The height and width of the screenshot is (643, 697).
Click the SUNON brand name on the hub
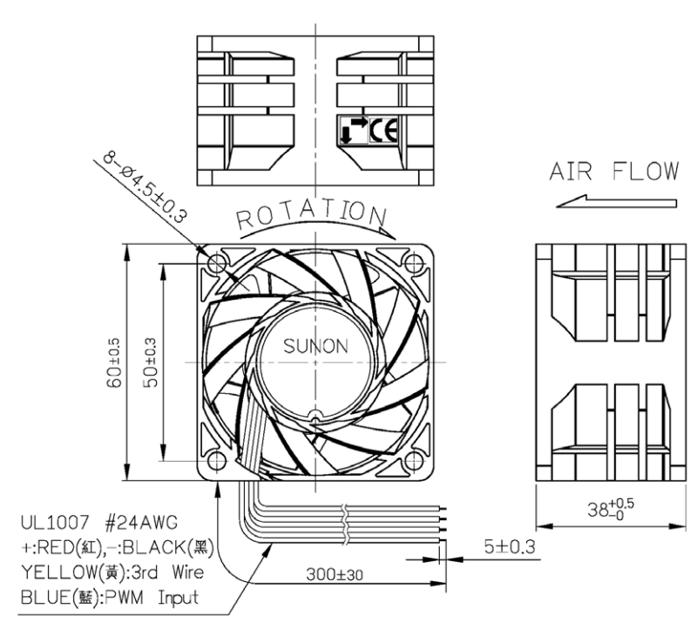pyautogui.click(x=315, y=347)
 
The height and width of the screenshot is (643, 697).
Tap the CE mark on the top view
pyautogui.click(x=384, y=131)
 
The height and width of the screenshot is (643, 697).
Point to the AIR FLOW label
pyautogui.click(x=614, y=172)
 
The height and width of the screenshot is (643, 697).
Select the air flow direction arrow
pyautogui.click(x=617, y=201)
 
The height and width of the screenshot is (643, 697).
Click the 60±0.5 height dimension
pyautogui.click(x=114, y=362)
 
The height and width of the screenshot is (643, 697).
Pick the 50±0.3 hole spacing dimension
pyautogui.click(x=151, y=362)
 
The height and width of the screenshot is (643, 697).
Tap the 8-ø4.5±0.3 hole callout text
pyautogui.click(x=145, y=187)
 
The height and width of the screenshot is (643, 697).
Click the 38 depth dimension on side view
pyautogui.click(x=611, y=509)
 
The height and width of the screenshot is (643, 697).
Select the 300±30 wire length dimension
pyautogui.click(x=335, y=574)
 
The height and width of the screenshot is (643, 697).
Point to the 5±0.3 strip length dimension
pyautogui.click(x=510, y=547)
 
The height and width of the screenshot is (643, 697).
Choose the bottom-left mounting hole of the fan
pyautogui.click(x=217, y=460)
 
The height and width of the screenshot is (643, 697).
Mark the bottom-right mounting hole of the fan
pyautogui.click(x=414, y=460)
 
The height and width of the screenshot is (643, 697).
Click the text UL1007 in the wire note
pyautogui.click(x=55, y=523)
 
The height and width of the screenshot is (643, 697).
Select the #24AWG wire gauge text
pyautogui.click(x=141, y=523)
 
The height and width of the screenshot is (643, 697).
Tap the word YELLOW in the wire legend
pyautogui.click(x=58, y=572)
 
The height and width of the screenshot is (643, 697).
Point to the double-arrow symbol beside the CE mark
pyautogui.click(x=355, y=131)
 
